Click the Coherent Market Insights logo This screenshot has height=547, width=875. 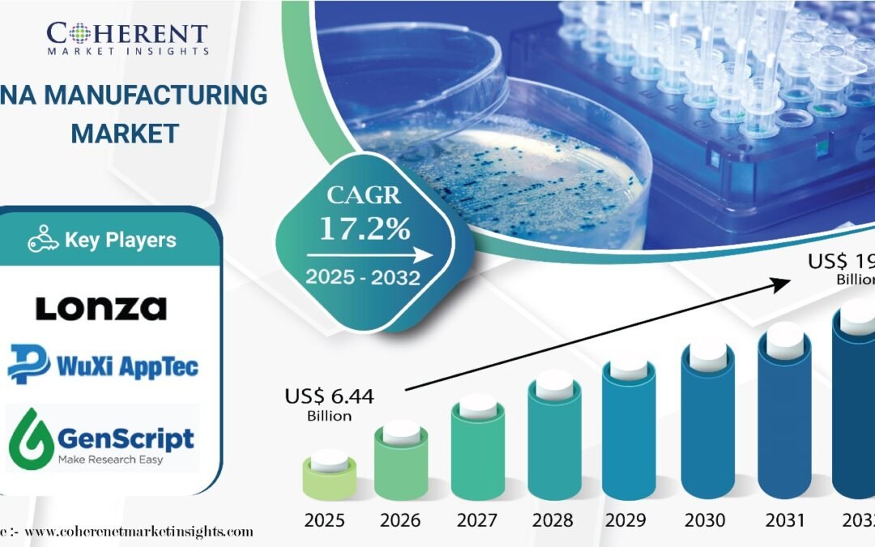(127, 36)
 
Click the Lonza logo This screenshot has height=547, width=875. (101, 308)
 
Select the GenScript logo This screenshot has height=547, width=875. (103, 438)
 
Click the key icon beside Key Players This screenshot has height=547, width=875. (42, 240)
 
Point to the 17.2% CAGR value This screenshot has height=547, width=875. (363, 229)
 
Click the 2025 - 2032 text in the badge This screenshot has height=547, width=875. (362, 277)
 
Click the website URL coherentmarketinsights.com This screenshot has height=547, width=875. (139, 532)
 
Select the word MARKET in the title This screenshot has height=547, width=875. (125, 134)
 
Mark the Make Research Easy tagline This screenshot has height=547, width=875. (110, 459)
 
